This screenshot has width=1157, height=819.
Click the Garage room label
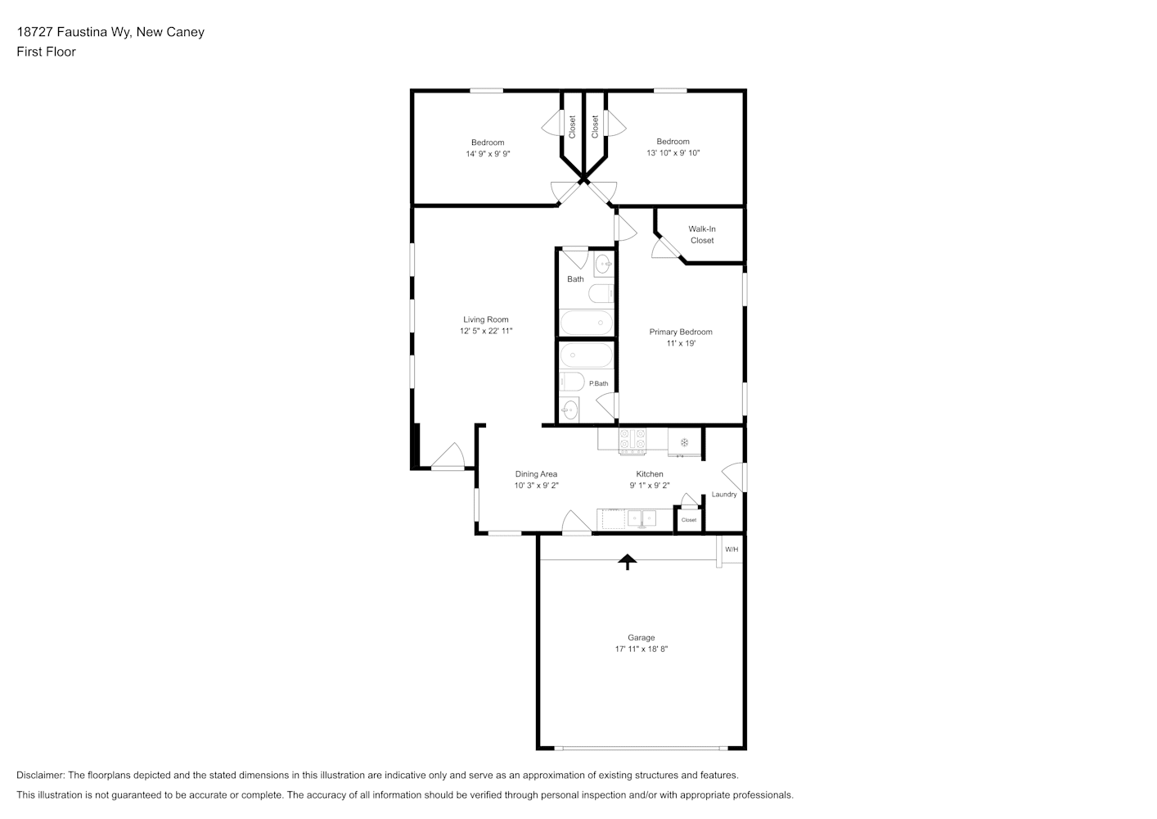641,637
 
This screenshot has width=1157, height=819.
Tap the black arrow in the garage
628,562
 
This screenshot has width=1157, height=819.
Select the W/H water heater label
732,549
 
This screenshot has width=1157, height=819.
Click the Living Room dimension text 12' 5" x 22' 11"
486,331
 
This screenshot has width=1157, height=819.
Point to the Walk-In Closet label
702,234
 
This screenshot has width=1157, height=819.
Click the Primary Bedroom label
681,332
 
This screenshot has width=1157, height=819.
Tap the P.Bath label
599,383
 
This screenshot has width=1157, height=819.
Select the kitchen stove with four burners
633,441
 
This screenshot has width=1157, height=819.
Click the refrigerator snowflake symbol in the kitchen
684,442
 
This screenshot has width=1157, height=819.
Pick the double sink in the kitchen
642,518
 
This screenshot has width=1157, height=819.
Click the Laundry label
724,495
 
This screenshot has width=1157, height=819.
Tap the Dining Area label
536,473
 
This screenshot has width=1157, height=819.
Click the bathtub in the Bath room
587,323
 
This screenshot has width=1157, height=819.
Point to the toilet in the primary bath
572,382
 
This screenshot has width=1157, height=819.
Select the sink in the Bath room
603,265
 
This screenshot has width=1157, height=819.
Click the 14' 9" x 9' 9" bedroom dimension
488,154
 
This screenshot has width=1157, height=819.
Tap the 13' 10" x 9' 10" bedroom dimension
673,152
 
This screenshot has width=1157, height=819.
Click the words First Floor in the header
46,52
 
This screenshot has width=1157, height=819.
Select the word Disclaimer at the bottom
41,775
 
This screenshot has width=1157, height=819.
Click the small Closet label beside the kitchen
689,519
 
